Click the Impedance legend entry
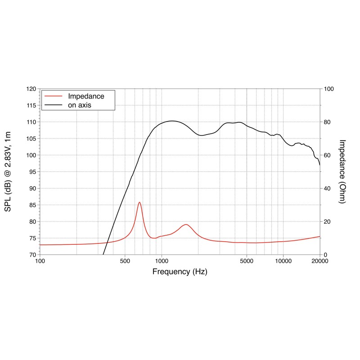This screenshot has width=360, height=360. click(x=86, y=96)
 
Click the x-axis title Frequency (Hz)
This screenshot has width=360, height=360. click(x=180, y=272)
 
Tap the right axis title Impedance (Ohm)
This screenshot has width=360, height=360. click(x=342, y=171)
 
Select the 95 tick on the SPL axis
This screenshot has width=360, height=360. click(x=32, y=172)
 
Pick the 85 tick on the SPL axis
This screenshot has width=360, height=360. click(x=32, y=205)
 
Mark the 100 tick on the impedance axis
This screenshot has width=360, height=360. click(x=328, y=89)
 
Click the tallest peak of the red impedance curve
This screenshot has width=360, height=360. click(x=139, y=202)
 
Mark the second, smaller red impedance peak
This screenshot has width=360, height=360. click(x=185, y=224)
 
